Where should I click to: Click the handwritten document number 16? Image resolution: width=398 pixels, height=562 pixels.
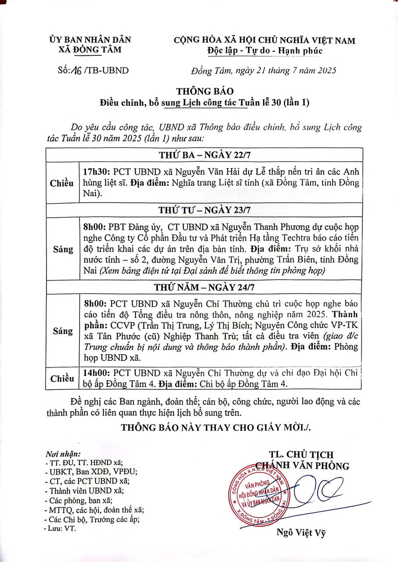point(69,70)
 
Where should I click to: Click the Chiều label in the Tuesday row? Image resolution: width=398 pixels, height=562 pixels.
point(62,183)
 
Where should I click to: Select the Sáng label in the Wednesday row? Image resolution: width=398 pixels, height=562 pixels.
point(63,249)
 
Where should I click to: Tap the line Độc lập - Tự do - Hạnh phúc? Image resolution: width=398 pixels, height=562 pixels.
point(265,50)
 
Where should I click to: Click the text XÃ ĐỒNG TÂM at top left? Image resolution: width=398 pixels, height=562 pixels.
point(90,50)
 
